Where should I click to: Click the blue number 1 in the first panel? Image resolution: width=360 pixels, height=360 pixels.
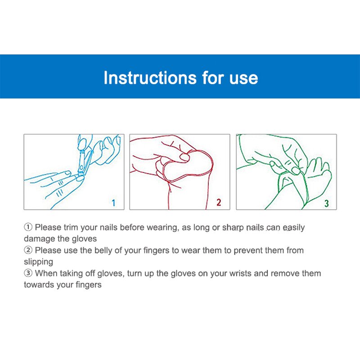click(x=113, y=203)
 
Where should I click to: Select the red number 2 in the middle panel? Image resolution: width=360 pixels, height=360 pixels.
click(x=219, y=202)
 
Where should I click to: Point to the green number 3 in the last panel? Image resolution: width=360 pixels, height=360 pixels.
click(x=327, y=203)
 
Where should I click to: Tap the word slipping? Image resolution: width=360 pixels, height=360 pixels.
click(x=38, y=262)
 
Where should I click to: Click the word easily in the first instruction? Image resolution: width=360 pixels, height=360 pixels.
click(x=293, y=228)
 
